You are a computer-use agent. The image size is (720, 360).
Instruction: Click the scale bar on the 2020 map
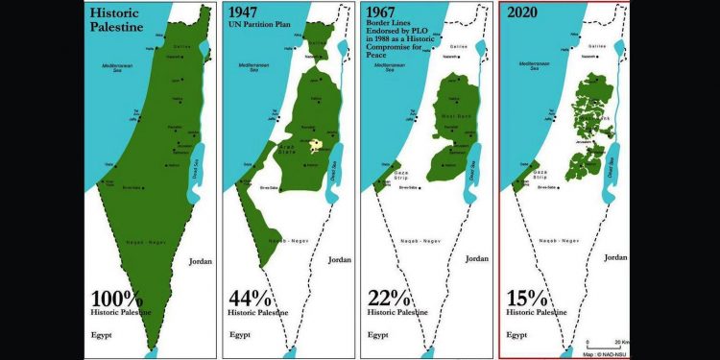tap(601, 340)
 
